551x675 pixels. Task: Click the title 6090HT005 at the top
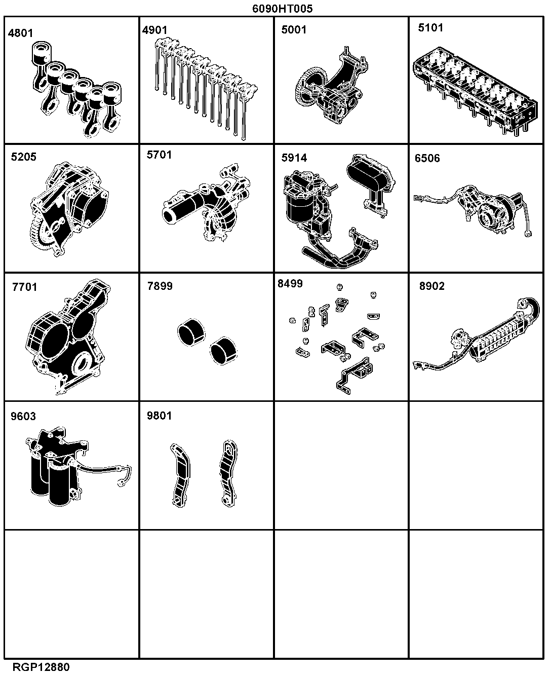point(282,8)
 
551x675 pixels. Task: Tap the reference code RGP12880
point(41,667)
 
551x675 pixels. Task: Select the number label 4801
point(20,33)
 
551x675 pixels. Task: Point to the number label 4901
point(155,30)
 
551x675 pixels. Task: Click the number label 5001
point(294,29)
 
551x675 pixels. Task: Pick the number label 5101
point(431,27)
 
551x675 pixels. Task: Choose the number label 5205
point(24,157)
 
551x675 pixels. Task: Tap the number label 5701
point(159,155)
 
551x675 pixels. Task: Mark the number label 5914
point(294,158)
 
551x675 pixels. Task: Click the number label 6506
point(427,158)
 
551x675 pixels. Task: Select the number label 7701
point(25,287)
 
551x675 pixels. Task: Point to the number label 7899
point(160,286)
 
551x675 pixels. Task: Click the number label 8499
point(290,284)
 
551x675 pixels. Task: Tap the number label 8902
point(432,286)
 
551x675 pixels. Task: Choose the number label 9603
point(23,416)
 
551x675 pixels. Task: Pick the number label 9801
point(159,416)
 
